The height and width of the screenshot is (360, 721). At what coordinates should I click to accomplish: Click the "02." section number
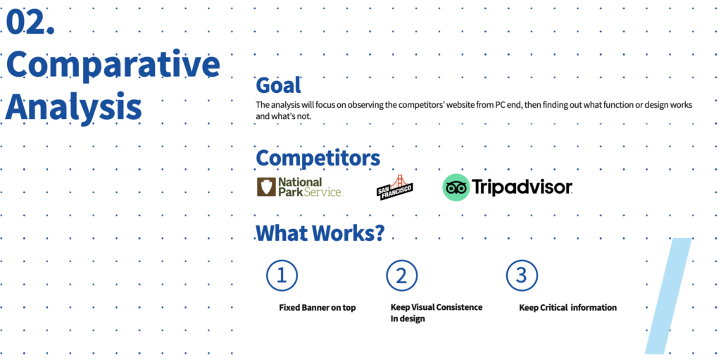coord(30,22)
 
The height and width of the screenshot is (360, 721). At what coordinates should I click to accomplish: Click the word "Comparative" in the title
coord(113,66)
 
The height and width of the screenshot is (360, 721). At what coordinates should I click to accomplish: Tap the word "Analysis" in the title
coord(73,106)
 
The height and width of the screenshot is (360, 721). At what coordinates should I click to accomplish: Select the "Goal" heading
coord(278,85)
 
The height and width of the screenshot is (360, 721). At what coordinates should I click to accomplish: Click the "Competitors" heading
coord(318,158)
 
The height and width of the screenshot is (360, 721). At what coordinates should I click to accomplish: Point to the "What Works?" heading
coord(320,233)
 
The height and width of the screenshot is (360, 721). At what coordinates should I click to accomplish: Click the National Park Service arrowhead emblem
coord(265,187)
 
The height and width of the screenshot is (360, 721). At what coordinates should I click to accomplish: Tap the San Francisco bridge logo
coord(394,187)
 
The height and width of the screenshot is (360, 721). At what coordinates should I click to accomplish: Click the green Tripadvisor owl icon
coord(456,187)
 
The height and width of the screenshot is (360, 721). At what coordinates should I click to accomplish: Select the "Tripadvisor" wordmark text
coord(522,187)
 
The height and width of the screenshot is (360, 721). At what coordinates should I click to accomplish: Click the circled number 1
coord(282,275)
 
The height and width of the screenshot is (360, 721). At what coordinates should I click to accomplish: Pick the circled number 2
coord(401,275)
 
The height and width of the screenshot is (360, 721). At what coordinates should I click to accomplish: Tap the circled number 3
coord(522,275)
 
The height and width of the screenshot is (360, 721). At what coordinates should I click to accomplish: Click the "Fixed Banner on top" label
coord(318,308)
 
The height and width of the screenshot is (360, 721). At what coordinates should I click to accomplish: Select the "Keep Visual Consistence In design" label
coord(437,313)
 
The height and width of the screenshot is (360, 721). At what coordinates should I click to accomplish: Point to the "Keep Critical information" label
coord(568,308)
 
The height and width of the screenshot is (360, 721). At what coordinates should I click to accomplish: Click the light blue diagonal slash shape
coord(667,296)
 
